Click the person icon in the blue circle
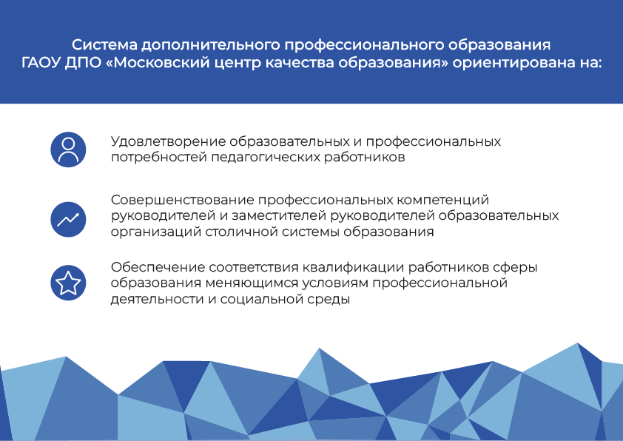point(68,149)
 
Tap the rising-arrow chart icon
point(68,220)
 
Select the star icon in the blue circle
point(68,283)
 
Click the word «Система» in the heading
point(104,44)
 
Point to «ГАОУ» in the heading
point(41,63)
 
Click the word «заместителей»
point(279,216)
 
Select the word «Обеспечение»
point(158,267)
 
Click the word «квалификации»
point(353,267)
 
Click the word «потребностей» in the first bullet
point(159,158)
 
